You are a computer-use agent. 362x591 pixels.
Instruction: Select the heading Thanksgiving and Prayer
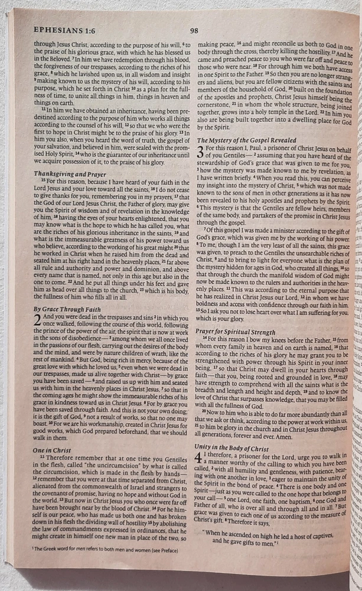pyautogui.click(x=70, y=174)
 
